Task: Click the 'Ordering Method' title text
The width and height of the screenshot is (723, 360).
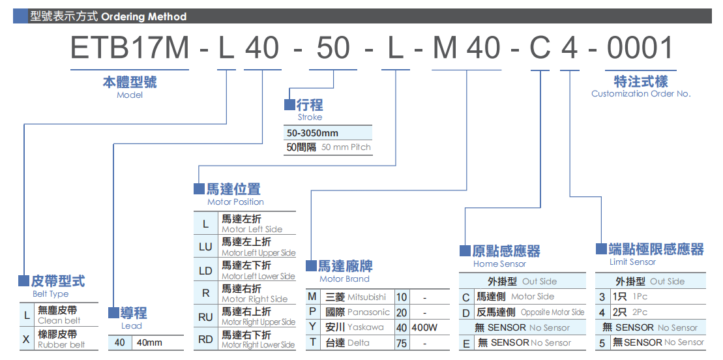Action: pyautogui.click(x=144, y=17)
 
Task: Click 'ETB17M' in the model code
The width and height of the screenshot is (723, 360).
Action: pyautogui.click(x=130, y=49)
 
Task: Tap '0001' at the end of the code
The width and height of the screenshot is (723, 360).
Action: pyautogui.click(x=640, y=49)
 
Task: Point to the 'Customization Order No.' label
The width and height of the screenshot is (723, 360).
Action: pyautogui.click(x=640, y=94)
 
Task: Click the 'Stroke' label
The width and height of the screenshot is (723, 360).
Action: pyautogui.click(x=310, y=117)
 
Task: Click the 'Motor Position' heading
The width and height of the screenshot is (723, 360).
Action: pyautogui.click(x=235, y=202)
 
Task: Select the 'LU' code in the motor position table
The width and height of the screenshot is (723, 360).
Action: pyautogui.click(x=205, y=247)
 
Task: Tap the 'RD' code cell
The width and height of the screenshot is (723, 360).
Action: pyautogui.click(x=205, y=340)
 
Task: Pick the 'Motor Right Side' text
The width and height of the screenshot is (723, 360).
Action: pyautogui.click(x=254, y=299)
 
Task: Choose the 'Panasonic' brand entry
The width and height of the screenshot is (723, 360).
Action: pyautogui.click(x=368, y=312)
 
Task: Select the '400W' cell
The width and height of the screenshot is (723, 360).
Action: pyautogui.click(x=424, y=327)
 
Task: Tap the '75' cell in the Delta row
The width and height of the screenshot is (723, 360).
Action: pyautogui.click(x=402, y=342)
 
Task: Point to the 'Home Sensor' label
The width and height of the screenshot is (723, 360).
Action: pyautogui.click(x=499, y=264)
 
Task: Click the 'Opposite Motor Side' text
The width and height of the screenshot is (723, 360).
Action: pyautogui.click(x=552, y=312)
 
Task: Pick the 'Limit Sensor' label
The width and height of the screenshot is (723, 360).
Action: pyautogui.click(x=632, y=262)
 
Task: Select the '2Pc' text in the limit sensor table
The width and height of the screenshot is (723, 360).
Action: pyautogui.click(x=640, y=312)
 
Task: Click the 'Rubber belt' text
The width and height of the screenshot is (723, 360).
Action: pyautogui.click(x=61, y=344)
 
